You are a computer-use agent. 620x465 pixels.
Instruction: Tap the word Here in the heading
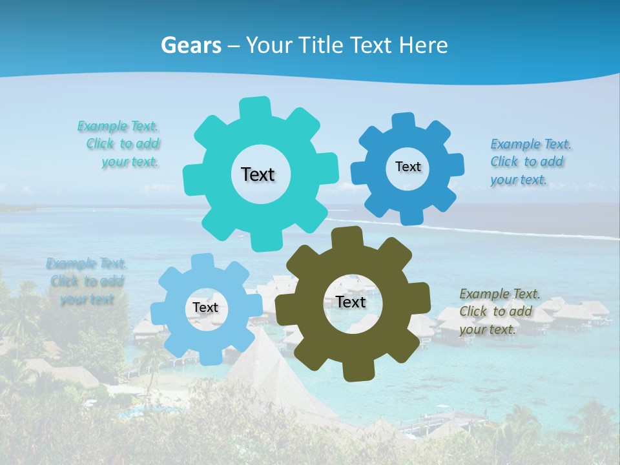coord(424,45)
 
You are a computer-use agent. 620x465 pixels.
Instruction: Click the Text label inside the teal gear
coord(258,174)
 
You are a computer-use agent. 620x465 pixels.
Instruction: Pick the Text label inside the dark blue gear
coord(408,167)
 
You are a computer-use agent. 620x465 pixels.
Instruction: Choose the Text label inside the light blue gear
coord(205,308)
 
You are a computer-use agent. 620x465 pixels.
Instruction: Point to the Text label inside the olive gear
coord(351,302)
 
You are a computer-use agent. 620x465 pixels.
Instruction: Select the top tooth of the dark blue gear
coord(404,121)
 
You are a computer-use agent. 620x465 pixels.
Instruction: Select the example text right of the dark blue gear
coord(530,162)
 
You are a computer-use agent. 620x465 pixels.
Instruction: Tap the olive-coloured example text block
coord(499,311)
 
